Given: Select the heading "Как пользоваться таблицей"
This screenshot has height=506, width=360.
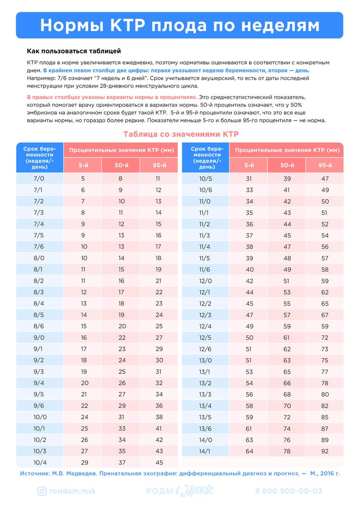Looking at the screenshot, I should click(x=74, y=52).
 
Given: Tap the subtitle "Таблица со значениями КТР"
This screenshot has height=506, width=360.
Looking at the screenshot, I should click(x=181, y=134).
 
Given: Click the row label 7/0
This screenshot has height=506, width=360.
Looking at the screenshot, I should click(x=39, y=179).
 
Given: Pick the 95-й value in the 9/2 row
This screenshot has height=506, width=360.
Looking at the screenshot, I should click(x=159, y=360).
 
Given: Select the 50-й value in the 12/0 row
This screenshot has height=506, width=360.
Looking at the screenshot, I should click(x=287, y=281).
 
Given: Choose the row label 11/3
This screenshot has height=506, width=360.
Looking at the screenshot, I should click(x=205, y=235).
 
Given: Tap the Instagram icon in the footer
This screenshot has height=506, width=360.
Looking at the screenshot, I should click(x=42, y=491).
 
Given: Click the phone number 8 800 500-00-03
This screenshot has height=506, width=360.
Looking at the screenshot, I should click(x=289, y=491).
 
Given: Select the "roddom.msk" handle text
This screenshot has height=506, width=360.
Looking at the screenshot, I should click(x=73, y=491).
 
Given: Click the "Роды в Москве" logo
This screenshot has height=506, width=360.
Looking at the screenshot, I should click(x=180, y=491).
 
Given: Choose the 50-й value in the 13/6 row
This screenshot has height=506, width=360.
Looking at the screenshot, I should click(x=287, y=429).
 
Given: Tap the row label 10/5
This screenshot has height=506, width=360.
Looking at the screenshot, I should click(x=205, y=179).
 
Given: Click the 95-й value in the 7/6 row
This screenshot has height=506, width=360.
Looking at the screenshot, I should click(x=159, y=246).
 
